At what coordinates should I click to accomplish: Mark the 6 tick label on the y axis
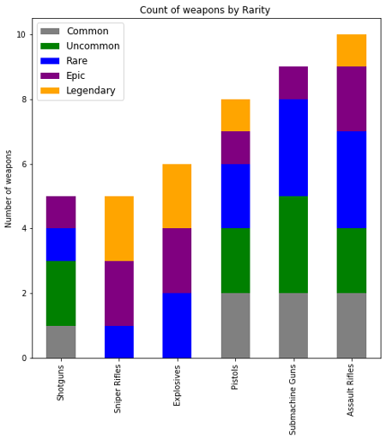click(23, 164)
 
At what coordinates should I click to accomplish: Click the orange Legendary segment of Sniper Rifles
click(119, 228)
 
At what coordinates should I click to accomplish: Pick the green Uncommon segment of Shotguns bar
click(61, 292)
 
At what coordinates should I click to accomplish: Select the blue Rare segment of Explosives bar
click(178, 325)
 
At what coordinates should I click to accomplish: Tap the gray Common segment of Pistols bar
click(236, 325)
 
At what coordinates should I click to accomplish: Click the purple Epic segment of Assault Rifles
click(352, 99)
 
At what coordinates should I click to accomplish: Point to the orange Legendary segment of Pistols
click(236, 115)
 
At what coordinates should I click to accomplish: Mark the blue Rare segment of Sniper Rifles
click(119, 341)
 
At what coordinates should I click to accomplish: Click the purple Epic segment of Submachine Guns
click(293, 82)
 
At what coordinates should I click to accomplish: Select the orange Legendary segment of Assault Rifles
click(352, 50)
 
